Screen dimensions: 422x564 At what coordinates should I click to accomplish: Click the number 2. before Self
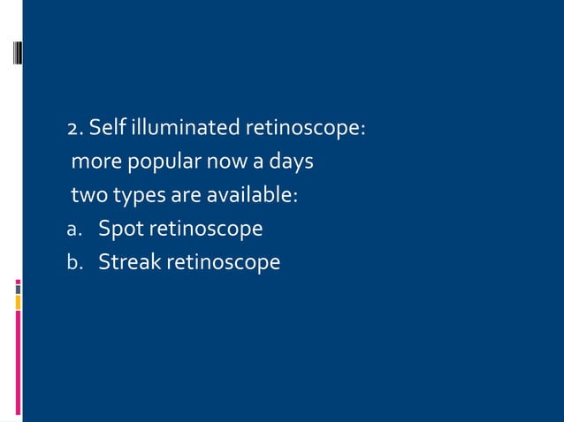tap(75, 129)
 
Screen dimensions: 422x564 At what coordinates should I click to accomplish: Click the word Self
tap(107, 129)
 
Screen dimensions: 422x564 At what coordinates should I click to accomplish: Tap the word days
tap(290, 162)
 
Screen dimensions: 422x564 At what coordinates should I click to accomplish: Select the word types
tap(135, 195)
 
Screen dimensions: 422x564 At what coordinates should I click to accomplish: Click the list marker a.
tap(74, 230)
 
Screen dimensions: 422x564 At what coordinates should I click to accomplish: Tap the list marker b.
tap(74, 263)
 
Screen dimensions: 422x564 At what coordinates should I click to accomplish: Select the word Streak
tap(128, 262)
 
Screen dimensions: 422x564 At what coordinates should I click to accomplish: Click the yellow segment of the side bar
tap(18, 303)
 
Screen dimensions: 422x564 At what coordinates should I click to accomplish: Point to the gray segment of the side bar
tap(18, 287)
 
